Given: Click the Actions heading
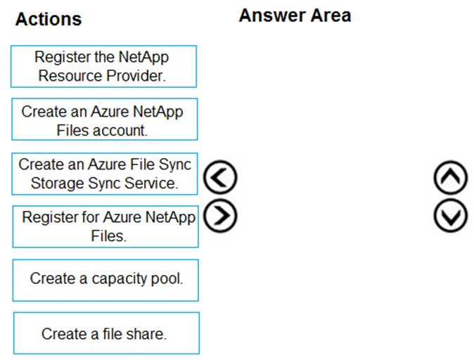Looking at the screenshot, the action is pyautogui.click(x=49, y=20).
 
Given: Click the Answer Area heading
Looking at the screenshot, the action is pyautogui.click(x=295, y=15).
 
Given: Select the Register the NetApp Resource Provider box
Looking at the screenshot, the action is pyautogui.click(x=103, y=67).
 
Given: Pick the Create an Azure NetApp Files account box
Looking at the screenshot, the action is pyautogui.click(x=105, y=119).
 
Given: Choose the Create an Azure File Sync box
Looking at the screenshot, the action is pyautogui.click(x=105, y=174).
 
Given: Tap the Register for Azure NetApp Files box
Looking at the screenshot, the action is pyautogui.click(x=105, y=226).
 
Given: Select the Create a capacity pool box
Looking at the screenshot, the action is pyautogui.click(x=105, y=281).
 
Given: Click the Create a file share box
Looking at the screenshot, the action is pyautogui.click(x=106, y=333).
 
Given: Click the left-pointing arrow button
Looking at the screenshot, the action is pyautogui.click(x=220, y=177).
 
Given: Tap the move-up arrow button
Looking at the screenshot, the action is pyautogui.click(x=450, y=177).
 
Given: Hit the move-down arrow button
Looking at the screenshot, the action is pyautogui.click(x=450, y=216).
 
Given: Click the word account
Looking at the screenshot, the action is pyautogui.click(x=120, y=131).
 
